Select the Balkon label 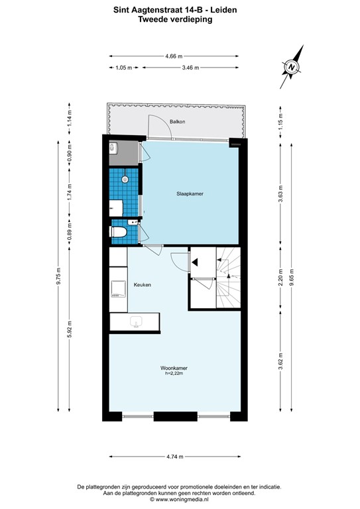176,122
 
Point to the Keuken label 143,285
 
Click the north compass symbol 291,67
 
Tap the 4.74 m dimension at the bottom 175,457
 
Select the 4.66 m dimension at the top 174,57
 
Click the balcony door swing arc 159,126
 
